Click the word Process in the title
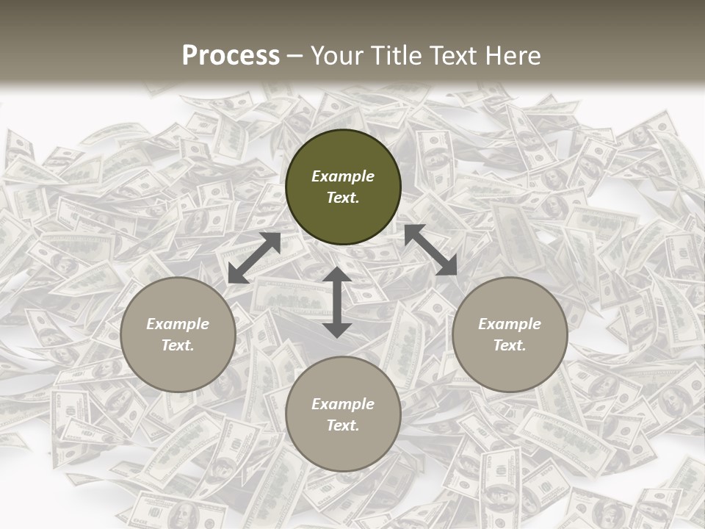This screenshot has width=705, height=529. (231, 56)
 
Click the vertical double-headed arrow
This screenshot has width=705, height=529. (337, 303)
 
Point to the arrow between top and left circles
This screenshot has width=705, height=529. (254, 258)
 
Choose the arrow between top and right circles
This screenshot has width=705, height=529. (430, 250)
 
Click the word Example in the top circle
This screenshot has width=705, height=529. (343, 176)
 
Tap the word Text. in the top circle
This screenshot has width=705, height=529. (343, 198)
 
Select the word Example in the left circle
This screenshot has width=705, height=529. (178, 324)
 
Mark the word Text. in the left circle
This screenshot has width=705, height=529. (178, 345)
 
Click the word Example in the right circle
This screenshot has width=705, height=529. (510, 324)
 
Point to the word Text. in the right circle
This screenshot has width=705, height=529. (510, 345)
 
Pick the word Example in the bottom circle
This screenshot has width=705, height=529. (343, 404)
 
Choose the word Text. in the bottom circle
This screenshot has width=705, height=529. (343, 425)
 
